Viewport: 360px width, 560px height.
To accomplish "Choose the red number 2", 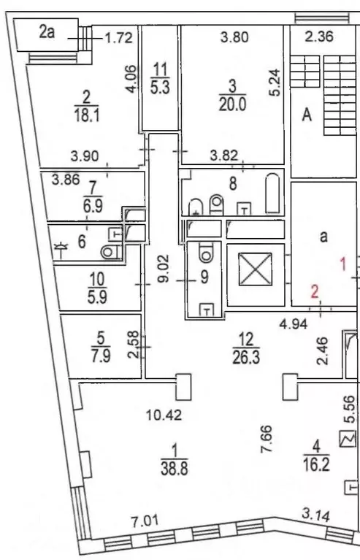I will click(x=315, y=291).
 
